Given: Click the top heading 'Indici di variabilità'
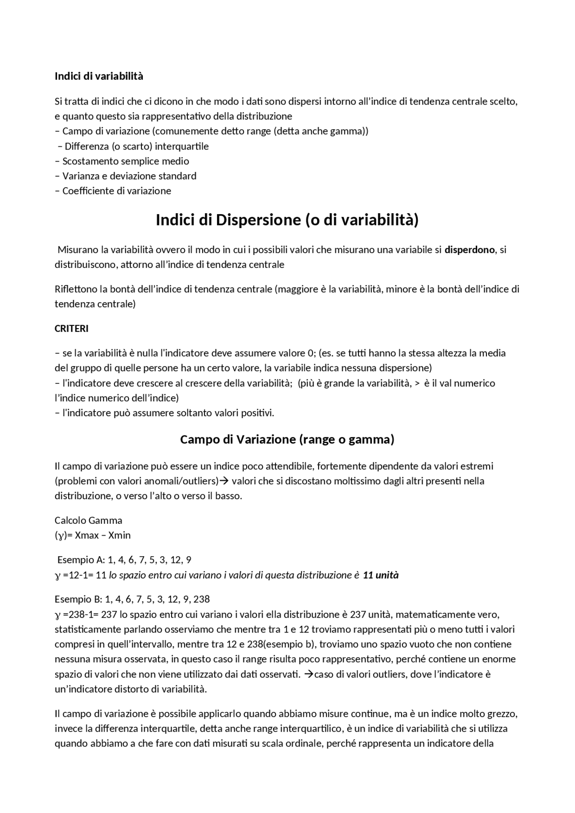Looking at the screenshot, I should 99,76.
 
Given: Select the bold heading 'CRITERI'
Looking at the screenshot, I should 71,329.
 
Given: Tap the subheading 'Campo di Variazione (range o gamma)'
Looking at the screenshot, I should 287,439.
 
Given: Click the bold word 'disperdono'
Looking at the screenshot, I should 469,250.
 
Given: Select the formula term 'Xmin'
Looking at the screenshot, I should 119,535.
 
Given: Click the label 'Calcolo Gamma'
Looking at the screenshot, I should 88,520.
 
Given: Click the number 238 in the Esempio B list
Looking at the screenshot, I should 202,599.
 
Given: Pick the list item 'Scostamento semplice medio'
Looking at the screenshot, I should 125,161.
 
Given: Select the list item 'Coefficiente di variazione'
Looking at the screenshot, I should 116,191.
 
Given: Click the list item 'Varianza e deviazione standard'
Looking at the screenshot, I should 129,176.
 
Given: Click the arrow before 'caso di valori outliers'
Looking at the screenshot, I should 309,674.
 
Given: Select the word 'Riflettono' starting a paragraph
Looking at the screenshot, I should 75,289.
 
